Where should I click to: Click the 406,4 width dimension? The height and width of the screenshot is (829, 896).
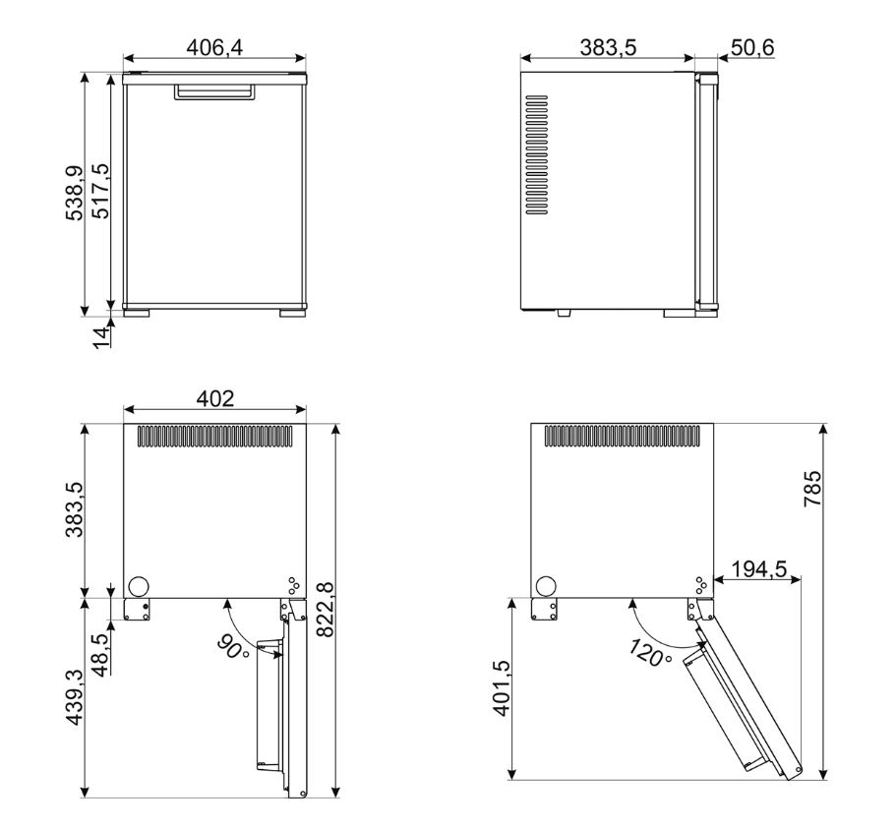click(x=214, y=47)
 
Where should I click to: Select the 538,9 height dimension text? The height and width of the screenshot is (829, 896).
click(x=75, y=193)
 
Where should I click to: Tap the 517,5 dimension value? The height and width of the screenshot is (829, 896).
click(x=100, y=191)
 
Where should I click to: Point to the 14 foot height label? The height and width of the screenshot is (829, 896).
click(x=100, y=337)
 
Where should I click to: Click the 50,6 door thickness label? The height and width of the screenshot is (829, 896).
click(x=752, y=47)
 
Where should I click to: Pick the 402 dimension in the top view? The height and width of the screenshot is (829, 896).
click(x=214, y=398)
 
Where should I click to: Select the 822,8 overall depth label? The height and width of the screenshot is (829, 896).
click(x=326, y=610)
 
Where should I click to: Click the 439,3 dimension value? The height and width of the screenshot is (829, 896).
click(x=75, y=697)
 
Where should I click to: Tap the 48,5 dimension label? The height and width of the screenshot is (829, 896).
click(x=100, y=655)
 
